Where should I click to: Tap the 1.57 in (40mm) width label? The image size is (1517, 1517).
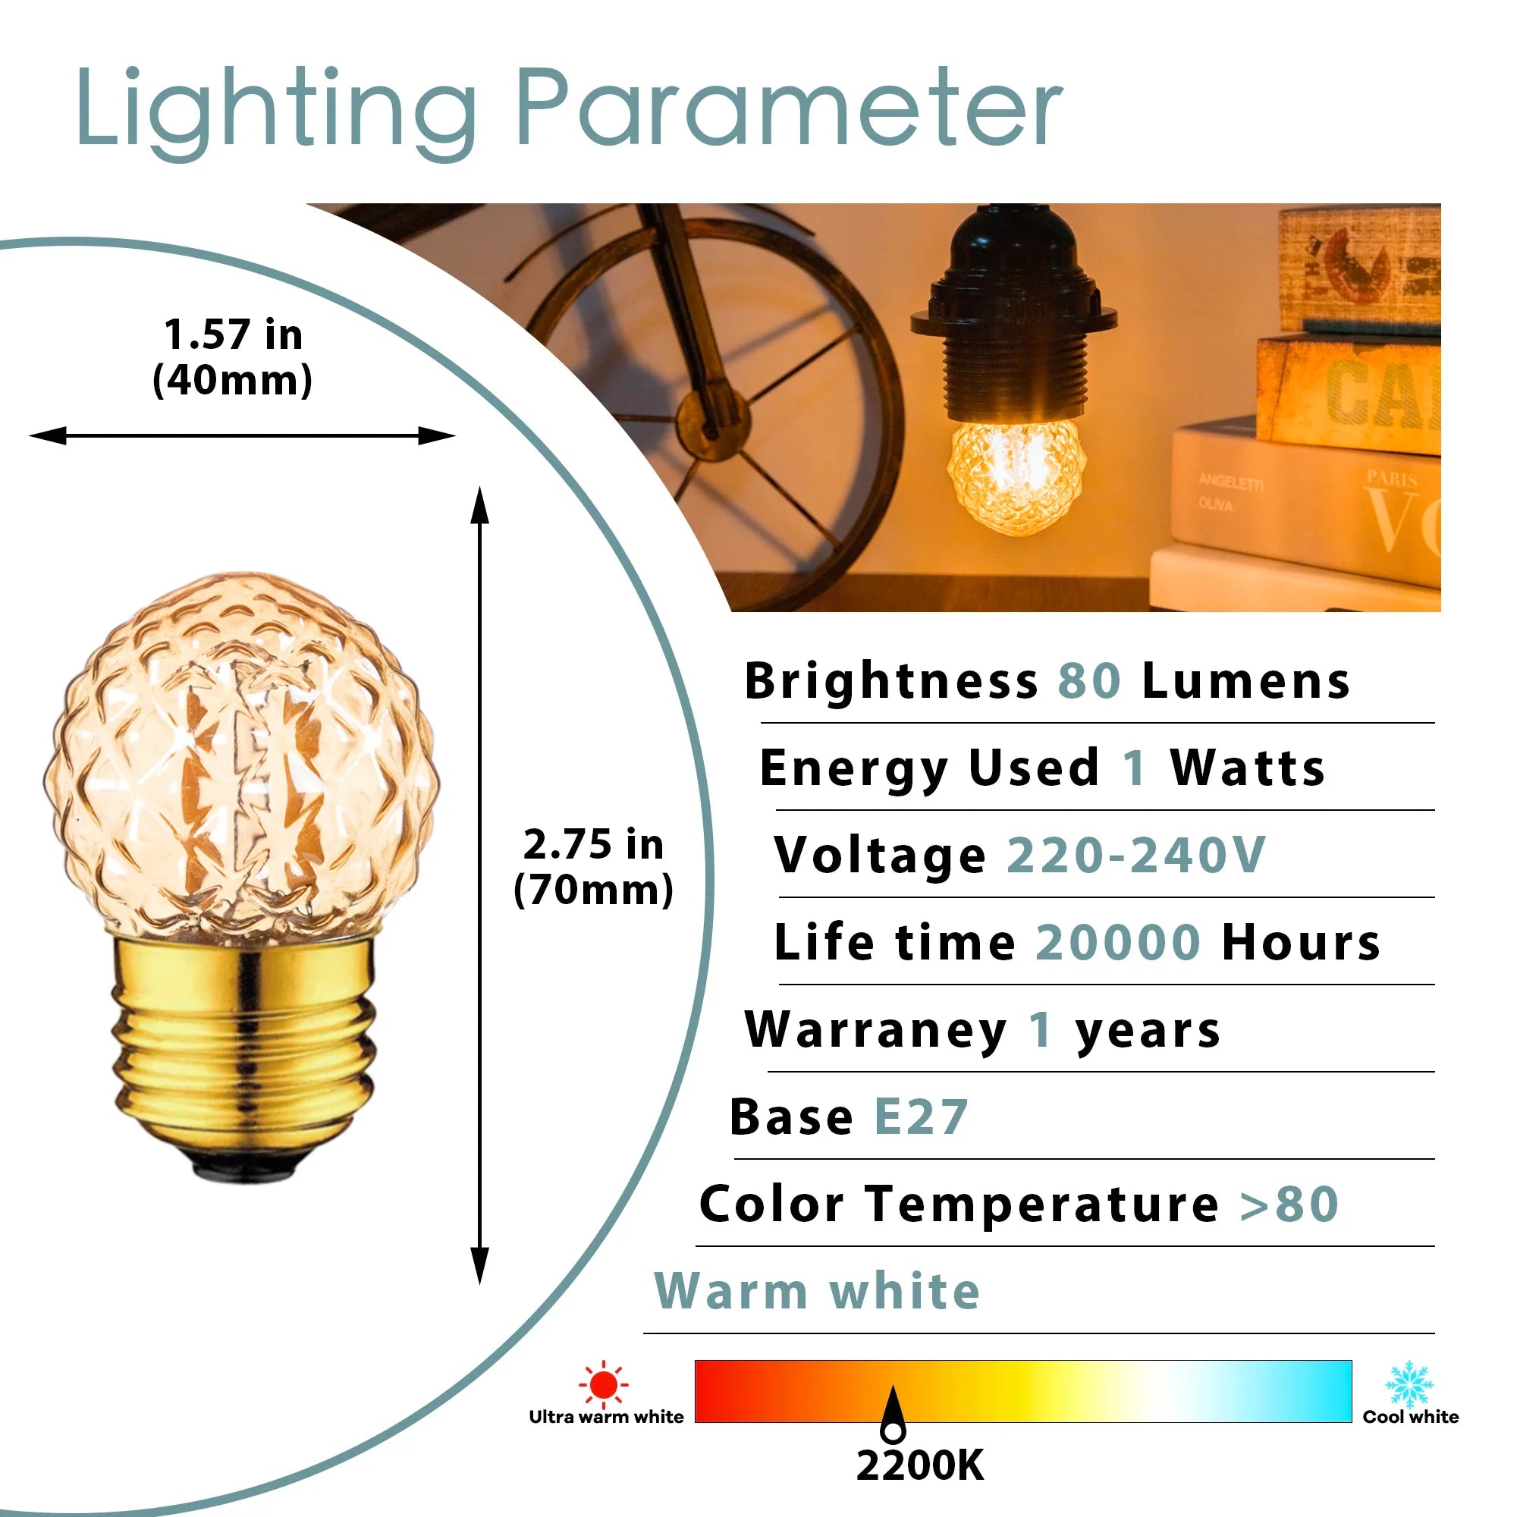tap(232, 357)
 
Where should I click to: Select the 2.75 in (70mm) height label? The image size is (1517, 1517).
tap(594, 867)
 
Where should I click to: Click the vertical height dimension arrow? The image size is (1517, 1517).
tap(480, 885)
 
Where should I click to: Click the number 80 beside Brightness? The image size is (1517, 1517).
tap(1089, 681)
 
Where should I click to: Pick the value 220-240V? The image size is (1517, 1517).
tap(1135, 854)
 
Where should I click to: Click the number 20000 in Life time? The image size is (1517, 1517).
tap(1118, 942)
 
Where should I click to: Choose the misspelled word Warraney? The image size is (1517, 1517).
tap(875, 1029)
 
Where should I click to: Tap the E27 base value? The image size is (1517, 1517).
tap(921, 1117)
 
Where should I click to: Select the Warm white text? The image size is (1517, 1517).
tap(818, 1291)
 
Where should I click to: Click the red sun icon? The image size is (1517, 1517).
tap(603, 1385)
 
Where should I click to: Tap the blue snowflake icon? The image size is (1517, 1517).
tap(1409, 1384)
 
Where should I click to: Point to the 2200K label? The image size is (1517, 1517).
tap(919, 1465)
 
